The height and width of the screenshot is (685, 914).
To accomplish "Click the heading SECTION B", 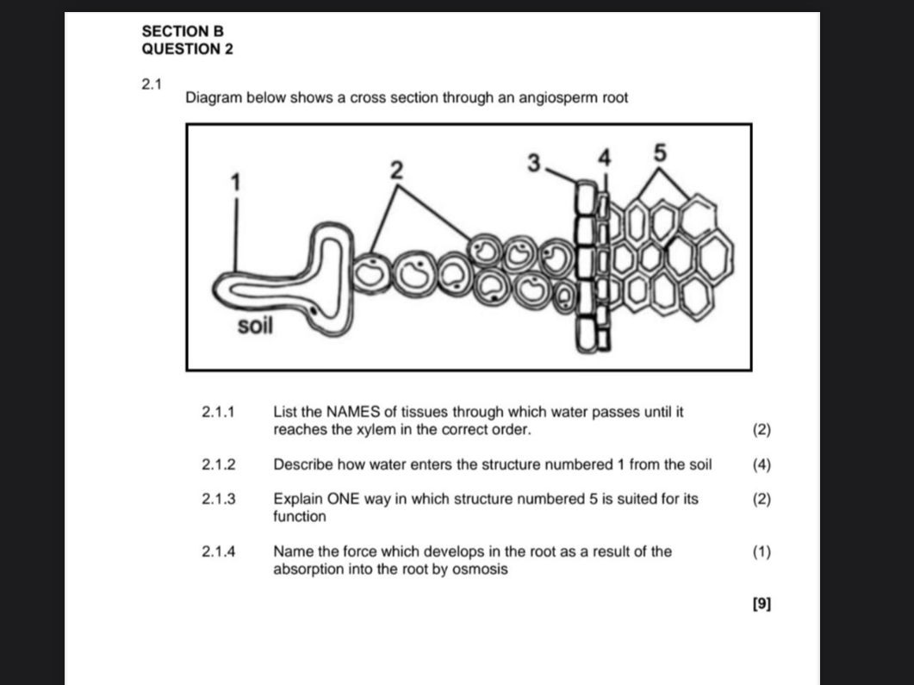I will (x=183, y=31).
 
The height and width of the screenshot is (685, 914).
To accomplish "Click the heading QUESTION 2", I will (x=187, y=49).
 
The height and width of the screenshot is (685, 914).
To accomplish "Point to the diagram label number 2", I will (x=396, y=171).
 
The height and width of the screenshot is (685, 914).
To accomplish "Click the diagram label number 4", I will (x=605, y=158).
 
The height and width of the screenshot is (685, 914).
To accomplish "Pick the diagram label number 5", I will (x=660, y=153).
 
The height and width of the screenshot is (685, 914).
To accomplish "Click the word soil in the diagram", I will (x=255, y=327).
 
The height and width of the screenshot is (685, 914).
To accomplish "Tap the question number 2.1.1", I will (x=219, y=412).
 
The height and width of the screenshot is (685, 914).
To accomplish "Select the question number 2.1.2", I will (x=219, y=464).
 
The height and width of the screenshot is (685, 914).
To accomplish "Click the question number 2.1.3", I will (x=219, y=499).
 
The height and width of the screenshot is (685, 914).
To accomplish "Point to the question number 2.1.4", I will (x=219, y=551).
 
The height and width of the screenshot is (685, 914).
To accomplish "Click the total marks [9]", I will (x=762, y=604).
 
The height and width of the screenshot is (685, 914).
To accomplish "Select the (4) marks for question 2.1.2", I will (x=762, y=464).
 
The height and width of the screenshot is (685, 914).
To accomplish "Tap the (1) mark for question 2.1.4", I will (x=762, y=551).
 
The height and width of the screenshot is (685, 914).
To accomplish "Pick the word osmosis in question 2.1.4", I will (x=482, y=570).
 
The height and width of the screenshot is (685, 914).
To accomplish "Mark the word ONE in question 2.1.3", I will (x=376, y=499).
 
